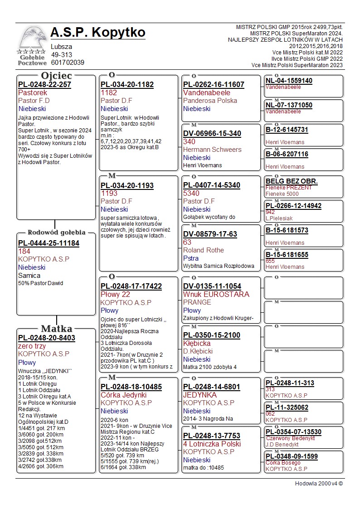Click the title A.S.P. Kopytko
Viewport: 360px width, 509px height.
(x=98, y=33)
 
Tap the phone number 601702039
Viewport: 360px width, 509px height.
(x=68, y=63)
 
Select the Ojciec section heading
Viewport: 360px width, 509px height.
(x=56, y=76)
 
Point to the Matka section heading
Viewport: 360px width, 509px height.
(x=56, y=329)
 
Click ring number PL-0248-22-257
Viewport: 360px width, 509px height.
(x=45, y=85)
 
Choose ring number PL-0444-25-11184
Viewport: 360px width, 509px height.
(x=49, y=243)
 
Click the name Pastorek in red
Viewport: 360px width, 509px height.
(x=33, y=92)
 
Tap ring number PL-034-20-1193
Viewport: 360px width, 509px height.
(x=127, y=185)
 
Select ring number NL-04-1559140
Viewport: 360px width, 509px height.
(x=289, y=81)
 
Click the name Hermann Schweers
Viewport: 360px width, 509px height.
(x=212, y=150)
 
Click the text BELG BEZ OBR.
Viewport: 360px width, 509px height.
(x=292, y=181)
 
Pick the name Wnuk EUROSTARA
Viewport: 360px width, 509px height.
(x=216, y=294)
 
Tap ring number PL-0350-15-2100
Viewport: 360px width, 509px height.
(x=211, y=335)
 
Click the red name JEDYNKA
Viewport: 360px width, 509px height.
(x=200, y=395)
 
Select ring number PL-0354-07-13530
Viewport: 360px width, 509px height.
(x=293, y=432)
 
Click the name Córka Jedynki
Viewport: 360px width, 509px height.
(x=124, y=395)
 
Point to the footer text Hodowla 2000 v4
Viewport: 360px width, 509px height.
(x=319, y=483)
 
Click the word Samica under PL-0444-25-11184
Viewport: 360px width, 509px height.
(x=29, y=275)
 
